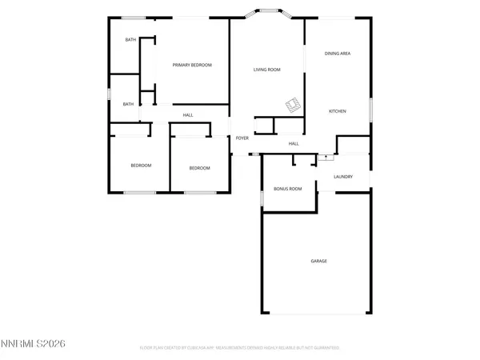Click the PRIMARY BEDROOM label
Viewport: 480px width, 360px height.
tap(192, 65)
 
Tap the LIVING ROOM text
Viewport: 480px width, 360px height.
tap(267, 70)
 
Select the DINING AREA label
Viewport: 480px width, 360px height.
tap(338, 54)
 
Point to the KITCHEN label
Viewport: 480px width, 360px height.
tap(337, 111)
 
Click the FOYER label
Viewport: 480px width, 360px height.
tap(242, 138)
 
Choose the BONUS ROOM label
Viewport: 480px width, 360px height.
tap(287, 189)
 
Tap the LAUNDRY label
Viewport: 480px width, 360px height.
tap(343, 176)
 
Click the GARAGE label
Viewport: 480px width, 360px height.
tap(318, 261)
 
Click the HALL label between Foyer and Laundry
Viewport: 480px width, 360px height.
tap(294, 144)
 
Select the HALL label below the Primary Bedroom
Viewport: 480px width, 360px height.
tap(188, 115)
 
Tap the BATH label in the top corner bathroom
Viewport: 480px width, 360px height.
tap(129, 40)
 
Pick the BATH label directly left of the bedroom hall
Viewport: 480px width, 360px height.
tap(128, 104)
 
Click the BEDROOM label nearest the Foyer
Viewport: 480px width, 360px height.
tap(199, 168)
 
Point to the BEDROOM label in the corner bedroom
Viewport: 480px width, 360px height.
tap(142, 166)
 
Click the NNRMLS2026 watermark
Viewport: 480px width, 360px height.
tap(33, 343)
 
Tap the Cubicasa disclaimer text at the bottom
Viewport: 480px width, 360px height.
tap(240, 348)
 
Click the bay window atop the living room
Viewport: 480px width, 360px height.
tap(267, 13)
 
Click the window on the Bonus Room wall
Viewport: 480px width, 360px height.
tap(262, 197)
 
